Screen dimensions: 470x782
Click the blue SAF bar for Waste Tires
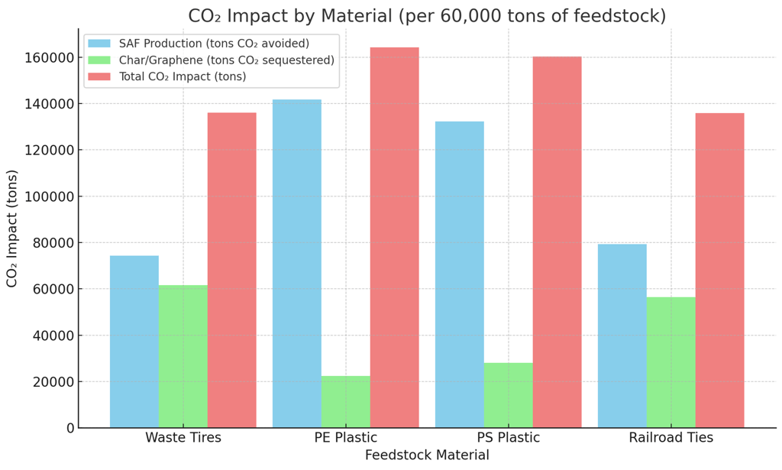coord(134,342)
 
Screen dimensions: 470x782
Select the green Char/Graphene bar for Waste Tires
coord(183,356)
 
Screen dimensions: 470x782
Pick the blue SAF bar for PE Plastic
coord(297,264)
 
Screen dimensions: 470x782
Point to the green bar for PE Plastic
coord(346,402)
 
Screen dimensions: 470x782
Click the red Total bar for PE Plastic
coord(395,238)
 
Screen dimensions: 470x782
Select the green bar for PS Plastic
coord(509,395)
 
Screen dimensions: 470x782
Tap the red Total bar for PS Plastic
coord(557,242)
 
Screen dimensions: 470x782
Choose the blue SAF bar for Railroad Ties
coord(622,335)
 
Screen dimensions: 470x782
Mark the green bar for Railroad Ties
coord(671,362)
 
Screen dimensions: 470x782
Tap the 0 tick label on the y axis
coord(70,428)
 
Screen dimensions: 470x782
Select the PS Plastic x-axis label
coord(509,438)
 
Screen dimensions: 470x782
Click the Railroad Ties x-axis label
coord(671,438)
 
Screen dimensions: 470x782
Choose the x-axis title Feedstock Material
coord(427,455)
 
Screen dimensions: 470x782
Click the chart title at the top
coord(427,16)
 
